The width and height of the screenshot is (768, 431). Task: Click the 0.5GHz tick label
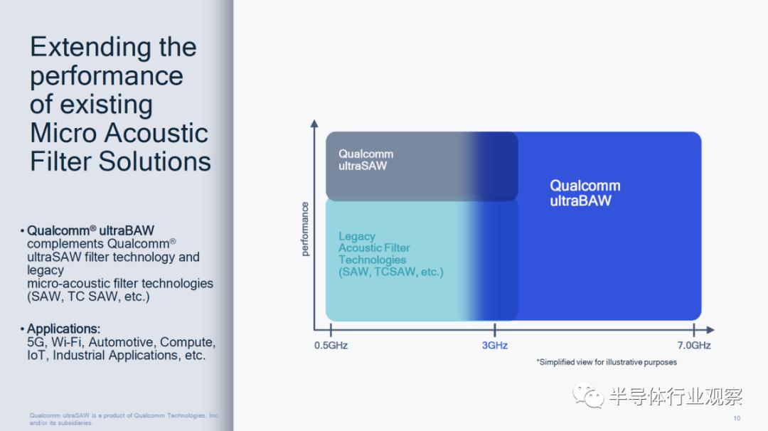(x=331, y=345)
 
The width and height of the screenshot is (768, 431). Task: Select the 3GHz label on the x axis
(x=495, y=345)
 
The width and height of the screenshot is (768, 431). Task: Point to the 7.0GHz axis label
(x=694, y=345)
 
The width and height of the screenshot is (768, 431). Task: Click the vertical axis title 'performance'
(x=305, y=229)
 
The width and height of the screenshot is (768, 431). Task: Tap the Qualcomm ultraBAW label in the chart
(x=585, y=193)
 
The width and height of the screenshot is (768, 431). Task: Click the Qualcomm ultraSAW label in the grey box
(x=366, y=159)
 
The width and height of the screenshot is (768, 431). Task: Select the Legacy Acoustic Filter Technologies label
(x=390, y=254)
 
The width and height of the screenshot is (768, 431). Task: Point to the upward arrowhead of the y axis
(x=314, y=124)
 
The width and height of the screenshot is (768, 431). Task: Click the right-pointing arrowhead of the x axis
(x=710, y=330)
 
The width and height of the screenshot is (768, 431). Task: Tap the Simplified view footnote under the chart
(x=607, y=362)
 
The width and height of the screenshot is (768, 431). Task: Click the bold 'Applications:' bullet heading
(x=64, y=329)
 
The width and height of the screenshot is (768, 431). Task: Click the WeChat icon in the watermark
(x=588, y=395)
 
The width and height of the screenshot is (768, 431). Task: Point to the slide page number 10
(x=737, y=418)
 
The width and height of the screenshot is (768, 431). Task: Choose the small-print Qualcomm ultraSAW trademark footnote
(x=124, y=419)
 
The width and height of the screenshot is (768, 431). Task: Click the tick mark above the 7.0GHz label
(x=694, y=330)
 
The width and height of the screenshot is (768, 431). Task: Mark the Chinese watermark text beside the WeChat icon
(x=676, y=396)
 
